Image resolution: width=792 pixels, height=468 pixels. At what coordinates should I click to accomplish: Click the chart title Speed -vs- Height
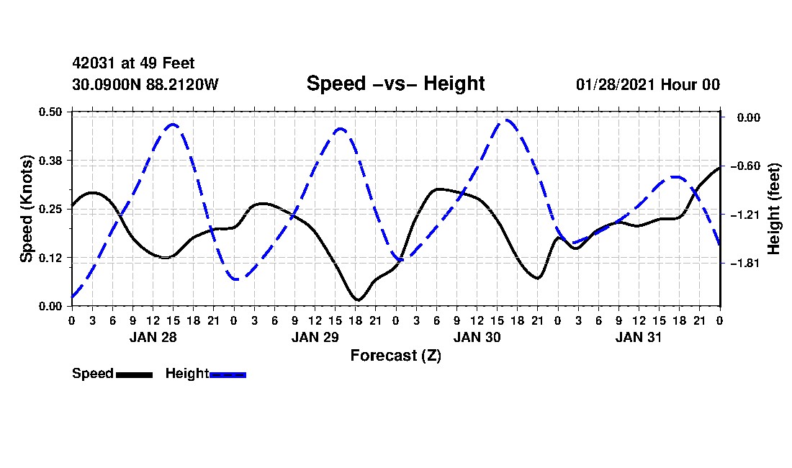[395, 84]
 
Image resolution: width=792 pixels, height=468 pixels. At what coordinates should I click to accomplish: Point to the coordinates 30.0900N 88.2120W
[145, 84]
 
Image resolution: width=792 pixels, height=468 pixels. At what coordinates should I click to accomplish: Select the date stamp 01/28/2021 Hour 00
[647, 84]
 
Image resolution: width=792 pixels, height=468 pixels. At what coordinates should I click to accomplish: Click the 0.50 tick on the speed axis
[50, 112]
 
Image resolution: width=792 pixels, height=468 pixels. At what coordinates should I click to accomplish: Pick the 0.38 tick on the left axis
[50, 161]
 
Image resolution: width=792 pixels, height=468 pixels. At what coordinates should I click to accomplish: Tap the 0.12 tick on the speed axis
[50, 258]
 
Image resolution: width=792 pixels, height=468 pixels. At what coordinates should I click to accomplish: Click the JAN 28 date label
[153, 337]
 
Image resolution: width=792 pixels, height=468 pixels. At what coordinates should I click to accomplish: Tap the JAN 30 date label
[477, 337]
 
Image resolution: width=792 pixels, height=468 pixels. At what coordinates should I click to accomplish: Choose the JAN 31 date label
[639, 337]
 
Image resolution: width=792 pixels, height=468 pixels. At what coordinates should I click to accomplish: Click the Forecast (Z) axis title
[395, 356]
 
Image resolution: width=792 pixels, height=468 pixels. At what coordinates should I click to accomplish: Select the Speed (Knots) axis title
[26, 209]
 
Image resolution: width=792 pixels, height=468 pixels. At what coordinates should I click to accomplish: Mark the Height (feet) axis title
[773, 209]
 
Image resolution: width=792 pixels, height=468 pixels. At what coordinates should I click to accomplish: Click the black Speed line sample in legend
[135, 374]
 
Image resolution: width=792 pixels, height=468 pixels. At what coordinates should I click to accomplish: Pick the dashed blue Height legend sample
[228, 374]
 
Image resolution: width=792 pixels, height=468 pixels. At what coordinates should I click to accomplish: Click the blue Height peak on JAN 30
[507, 120]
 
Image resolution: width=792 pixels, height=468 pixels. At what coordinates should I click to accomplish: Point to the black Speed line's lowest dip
[358, 300]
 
